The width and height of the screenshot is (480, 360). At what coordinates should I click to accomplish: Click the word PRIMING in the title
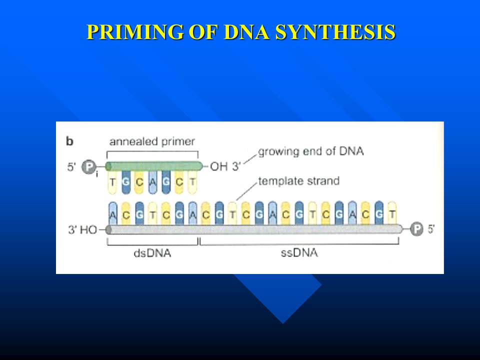tap(135, 32)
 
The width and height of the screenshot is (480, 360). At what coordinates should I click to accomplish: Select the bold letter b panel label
tap(70, 141)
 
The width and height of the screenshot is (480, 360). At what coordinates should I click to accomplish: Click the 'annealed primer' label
tap(152, 141)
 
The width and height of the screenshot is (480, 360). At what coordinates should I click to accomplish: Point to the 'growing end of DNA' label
tap(311, 151)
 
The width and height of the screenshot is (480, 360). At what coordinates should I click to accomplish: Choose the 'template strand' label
tap(299, 181)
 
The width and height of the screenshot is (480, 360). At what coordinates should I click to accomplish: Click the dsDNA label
tap(152, 253)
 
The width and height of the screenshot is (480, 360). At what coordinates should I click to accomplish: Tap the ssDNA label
tap(299, 253)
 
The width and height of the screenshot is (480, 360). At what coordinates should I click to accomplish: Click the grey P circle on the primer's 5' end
tap(89, 167)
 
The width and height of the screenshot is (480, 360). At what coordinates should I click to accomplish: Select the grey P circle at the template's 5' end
tap(416, 229)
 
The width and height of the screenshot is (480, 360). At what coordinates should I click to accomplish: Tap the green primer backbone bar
tap(154, 166)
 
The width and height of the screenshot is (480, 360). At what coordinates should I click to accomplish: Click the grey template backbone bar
tap(254, 229)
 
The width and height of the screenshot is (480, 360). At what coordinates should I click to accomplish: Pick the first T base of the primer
tap(112, 182)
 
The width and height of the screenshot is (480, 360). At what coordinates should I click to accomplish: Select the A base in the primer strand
tap(152, 182)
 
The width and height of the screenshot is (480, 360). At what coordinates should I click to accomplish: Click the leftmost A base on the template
tap(112, 213)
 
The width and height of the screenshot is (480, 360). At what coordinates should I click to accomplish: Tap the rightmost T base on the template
tap(392, 213)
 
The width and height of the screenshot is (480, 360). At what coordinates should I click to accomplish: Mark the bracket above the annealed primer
tap(152, 151)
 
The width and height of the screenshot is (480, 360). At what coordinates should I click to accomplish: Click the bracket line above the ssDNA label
tap(299, 244)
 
